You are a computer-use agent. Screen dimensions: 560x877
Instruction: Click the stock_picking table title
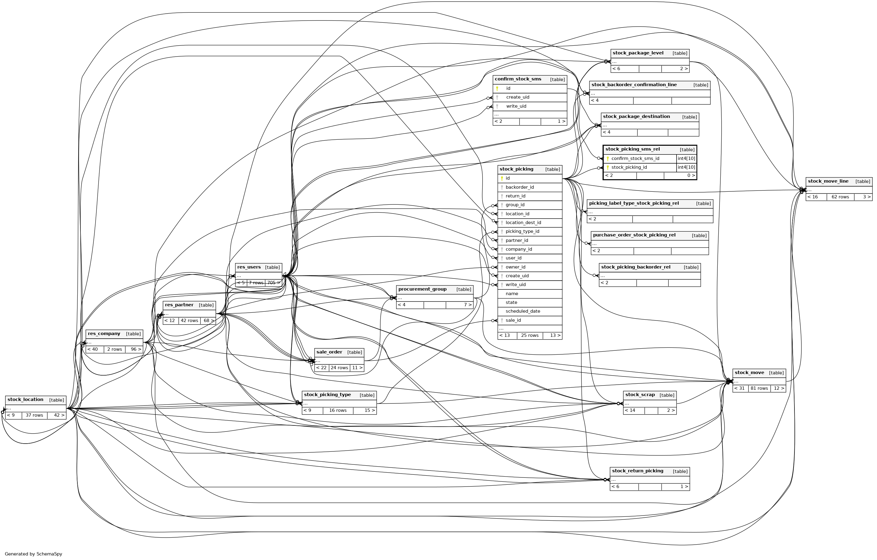pyautogui.click(x=516, y=169)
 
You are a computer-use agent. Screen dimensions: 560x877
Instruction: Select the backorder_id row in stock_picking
pyautogui.click(x=519, y=187)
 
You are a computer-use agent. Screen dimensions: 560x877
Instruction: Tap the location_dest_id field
pyautogui.click(x=523, y=223)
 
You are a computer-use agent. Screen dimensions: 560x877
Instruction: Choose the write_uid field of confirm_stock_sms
pyautogui.click(x=516, y=106)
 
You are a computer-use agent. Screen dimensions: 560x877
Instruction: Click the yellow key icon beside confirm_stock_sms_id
pyautogui.click(x=607, y=158)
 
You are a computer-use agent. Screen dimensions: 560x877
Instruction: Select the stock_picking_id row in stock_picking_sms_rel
pyautogui.click(x=629, y=168)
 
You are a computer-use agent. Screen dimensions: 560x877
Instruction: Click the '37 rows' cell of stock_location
pyautogui.click(x=34, y=415)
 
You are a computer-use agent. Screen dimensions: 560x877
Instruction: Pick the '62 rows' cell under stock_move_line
pyautogui.click(x=840, y=197)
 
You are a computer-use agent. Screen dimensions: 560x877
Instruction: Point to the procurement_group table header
pyautogui.click(x=422, y=289)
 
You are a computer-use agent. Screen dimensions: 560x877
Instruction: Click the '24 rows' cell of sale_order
pyautogui.click(x=339, y=368)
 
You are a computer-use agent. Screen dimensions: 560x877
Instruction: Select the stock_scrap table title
pyautogui.click(x=640, y=395)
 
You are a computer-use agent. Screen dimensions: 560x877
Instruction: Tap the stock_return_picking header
pyautogui.click(x=637, y=471)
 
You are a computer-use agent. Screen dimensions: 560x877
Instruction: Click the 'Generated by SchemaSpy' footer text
pyautogui.click(x=34, y=554)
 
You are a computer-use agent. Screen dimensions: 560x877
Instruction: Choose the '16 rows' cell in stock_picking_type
pyautogui.click(x=338, y=411)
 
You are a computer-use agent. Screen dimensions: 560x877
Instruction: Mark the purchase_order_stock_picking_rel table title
pyautogui.click(x=634, y=235)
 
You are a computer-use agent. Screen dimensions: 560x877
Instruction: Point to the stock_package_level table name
pyautogui.click(x=638, y=53)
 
